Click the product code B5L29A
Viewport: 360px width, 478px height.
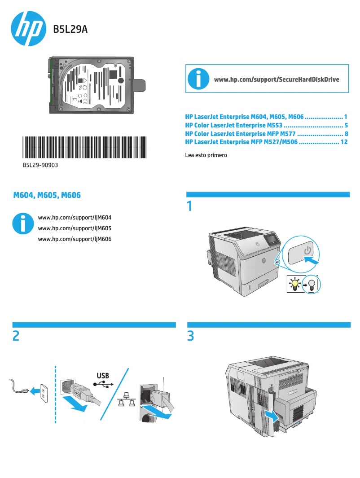tap(70, 30)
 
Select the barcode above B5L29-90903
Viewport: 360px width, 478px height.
tap(84, 147)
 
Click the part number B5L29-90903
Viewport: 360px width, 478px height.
tap(40, 165)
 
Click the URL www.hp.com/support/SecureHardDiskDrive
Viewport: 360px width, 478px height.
tap(277, 79)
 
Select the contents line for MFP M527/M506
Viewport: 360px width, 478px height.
tap(267, 142)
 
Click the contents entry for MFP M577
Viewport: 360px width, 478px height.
tap(267, 134)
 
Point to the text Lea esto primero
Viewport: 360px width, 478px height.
tap(206, 155)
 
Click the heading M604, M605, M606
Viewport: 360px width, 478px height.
tap(47, 195)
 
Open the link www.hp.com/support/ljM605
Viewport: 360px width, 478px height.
tap(75, 228)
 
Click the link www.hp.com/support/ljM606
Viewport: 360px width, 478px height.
tap(75, 239)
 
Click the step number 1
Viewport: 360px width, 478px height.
tap(189, 206)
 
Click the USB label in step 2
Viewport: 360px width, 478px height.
tap(103, 375)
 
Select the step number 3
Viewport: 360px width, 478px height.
tap(190, 336)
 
